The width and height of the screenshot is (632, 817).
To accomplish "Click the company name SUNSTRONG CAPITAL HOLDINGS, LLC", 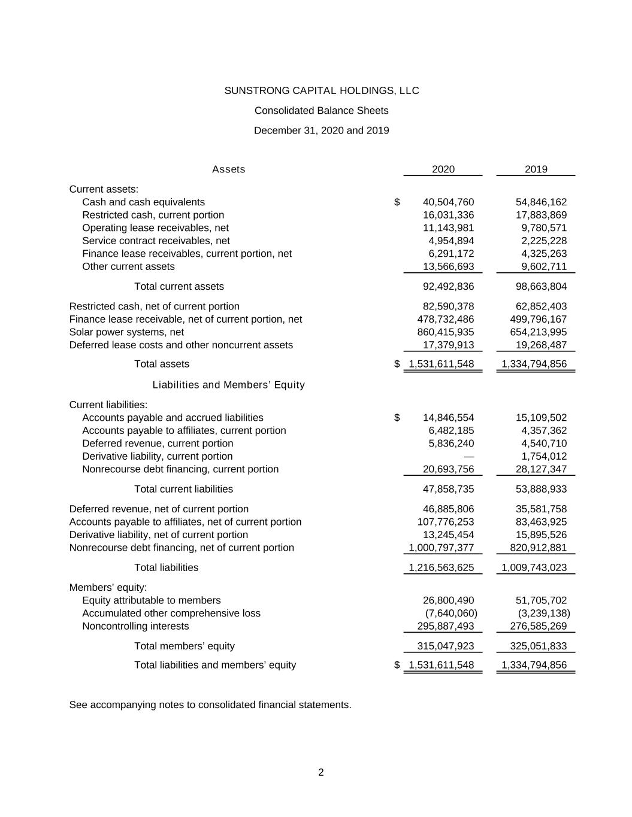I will click(x=321, y=91).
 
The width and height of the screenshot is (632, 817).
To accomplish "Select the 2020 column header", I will click(x=443, y=169).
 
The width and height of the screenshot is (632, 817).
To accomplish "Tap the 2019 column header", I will click(x=536, y=169).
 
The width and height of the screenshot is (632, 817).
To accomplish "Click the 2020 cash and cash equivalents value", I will click(x=448, y=202).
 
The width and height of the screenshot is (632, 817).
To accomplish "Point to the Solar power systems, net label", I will click(x=126, y=332).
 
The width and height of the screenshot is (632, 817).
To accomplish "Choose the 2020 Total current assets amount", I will click(x=448, y=287).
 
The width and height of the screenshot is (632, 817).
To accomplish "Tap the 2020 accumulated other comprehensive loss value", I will click(x=450, y=613).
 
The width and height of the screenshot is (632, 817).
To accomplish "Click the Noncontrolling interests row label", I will click(x=135, y=627).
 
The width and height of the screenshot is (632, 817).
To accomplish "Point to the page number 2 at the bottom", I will click(x=321, y=773).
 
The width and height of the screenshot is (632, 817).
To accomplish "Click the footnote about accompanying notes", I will click(x=210, y=705).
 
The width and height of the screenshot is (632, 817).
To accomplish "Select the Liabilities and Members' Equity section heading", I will click(x=228, y=385).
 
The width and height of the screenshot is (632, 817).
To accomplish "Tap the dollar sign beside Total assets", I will click(x=397, y=364).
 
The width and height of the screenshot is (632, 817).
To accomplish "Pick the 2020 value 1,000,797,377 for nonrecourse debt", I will click(x=441, y=548).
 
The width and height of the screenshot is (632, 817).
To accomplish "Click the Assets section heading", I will click(x=228, y=169).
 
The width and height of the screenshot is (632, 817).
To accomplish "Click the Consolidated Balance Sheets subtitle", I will click(x=321, y=111).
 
